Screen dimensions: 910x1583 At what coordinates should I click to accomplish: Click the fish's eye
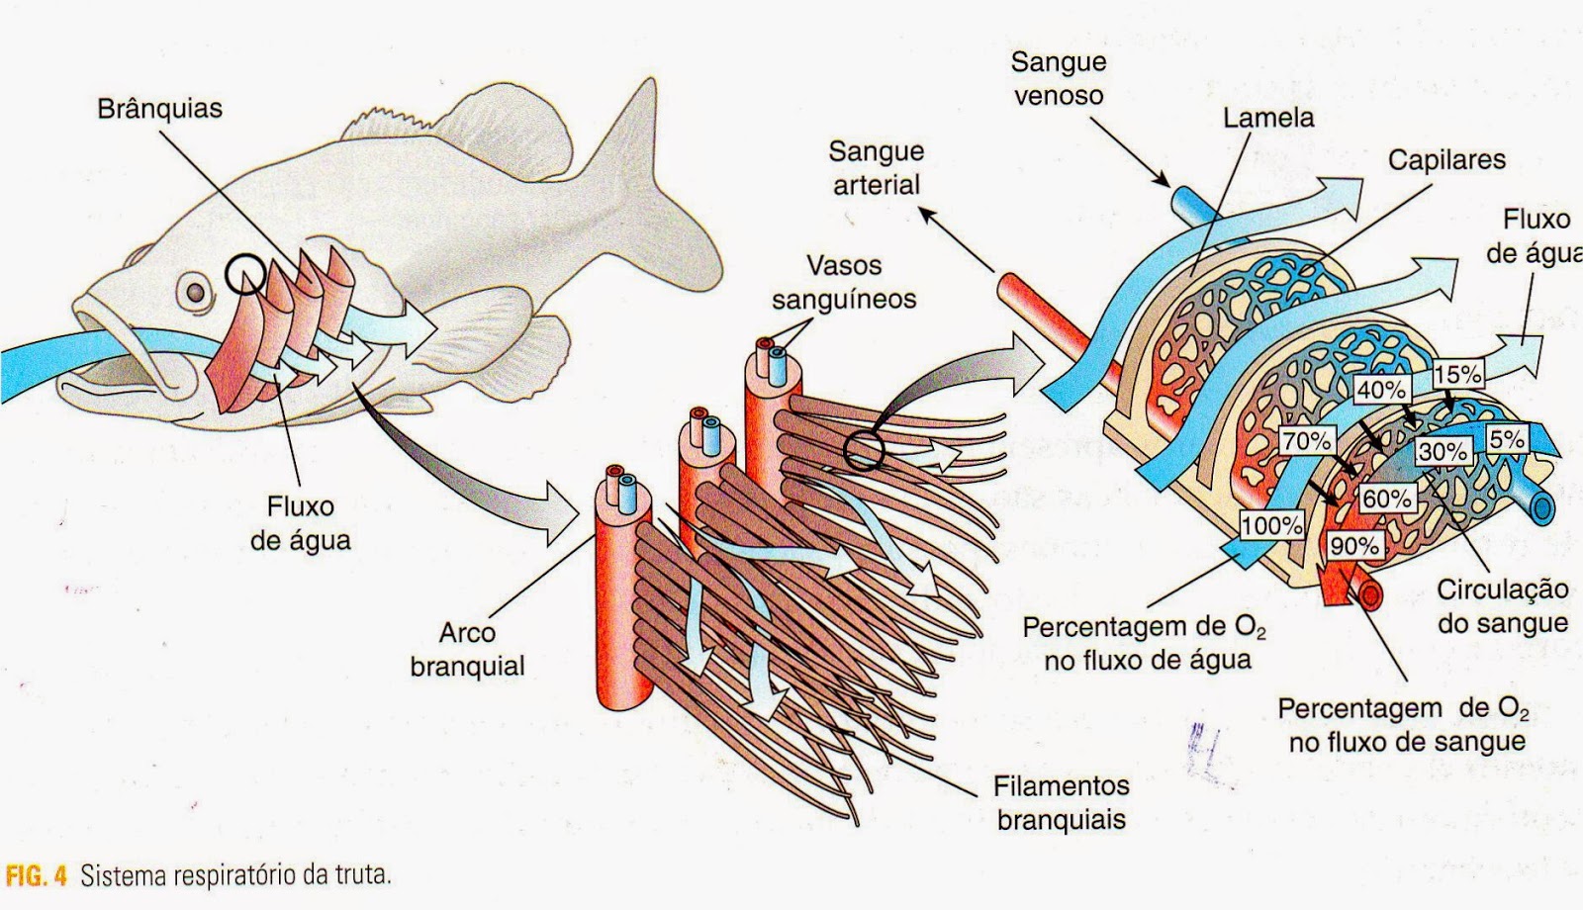197,292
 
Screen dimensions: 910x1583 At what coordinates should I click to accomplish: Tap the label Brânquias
159,108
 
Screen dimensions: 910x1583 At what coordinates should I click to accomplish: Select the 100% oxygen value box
1271,525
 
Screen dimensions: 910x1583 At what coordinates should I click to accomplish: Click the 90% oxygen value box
1354,545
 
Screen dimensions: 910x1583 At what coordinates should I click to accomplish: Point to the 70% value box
1307,441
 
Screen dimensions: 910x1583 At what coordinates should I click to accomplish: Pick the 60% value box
1386,499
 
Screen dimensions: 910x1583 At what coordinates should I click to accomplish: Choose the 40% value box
1380,390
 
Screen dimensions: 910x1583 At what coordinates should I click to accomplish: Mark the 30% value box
1443,452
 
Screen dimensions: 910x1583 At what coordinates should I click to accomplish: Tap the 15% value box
1458,374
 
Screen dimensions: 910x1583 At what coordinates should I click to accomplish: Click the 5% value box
1506,437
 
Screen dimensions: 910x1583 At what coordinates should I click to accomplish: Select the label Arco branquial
467,649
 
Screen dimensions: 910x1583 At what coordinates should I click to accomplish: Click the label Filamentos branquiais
1062,802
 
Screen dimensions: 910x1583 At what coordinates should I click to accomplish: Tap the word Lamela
1268,118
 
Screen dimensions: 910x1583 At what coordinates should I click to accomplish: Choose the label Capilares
1445,159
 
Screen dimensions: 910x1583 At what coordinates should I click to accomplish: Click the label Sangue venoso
1058,78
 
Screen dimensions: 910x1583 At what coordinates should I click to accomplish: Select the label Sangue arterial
876,167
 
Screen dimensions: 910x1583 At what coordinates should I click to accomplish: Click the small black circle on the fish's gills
243,274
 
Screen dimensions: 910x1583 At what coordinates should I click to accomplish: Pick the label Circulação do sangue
1502,606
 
